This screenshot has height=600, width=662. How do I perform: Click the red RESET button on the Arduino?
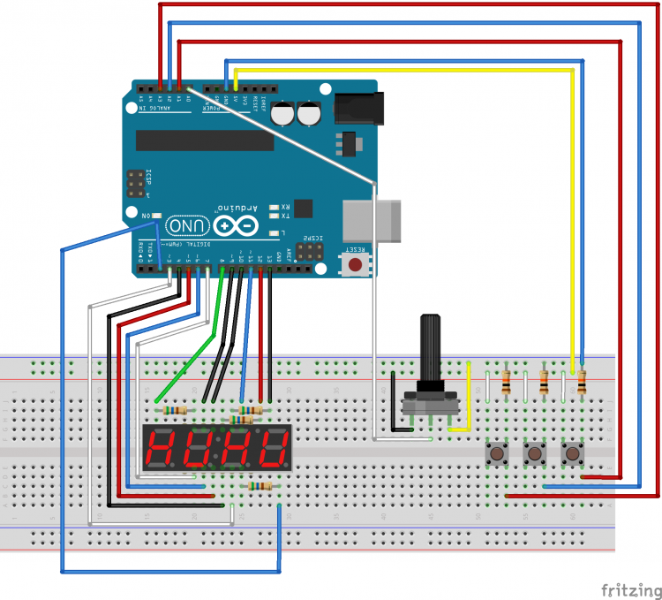pos(355,264)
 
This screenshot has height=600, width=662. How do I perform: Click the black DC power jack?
pos(358,109)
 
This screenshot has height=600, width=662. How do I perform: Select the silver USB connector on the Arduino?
pos(372,220)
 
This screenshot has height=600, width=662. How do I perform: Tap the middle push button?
pos(534,455)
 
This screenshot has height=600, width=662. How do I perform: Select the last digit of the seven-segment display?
pos(275,448)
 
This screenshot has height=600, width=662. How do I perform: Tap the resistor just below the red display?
pos(260,486)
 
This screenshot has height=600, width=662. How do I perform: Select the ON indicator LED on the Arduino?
pos(157,215)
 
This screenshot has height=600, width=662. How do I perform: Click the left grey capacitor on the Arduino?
pos(283,115)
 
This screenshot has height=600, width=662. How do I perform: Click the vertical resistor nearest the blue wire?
pos(581,381)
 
